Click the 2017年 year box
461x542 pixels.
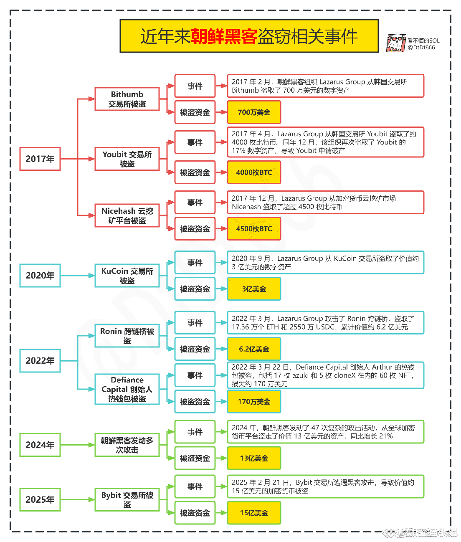point(40,159)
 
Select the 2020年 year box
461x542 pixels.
point(40,276)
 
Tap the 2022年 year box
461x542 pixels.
point(40,361)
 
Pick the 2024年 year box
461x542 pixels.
point(40,445)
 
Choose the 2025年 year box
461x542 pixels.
point(40,500)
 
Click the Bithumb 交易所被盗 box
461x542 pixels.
point(127,99)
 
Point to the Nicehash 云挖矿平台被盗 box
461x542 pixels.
point(127,215)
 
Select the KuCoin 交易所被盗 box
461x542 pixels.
point(127,276)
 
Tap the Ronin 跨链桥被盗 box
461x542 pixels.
point(127,336)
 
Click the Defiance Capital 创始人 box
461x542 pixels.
point(127,389)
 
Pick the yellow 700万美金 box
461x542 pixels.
point(254,112)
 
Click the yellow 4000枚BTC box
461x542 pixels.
point(254,172)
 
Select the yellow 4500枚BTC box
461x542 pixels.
point(254,229)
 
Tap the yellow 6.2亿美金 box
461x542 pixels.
point(254,349)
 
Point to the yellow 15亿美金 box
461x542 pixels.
point(254,513)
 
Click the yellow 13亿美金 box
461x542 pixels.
point(254,458)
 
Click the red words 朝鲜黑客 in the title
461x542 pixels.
point(224,36)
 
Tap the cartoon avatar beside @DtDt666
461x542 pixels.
point(396,43)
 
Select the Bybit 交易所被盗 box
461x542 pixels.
point(127,500)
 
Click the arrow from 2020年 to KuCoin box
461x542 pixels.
point(78,276)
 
